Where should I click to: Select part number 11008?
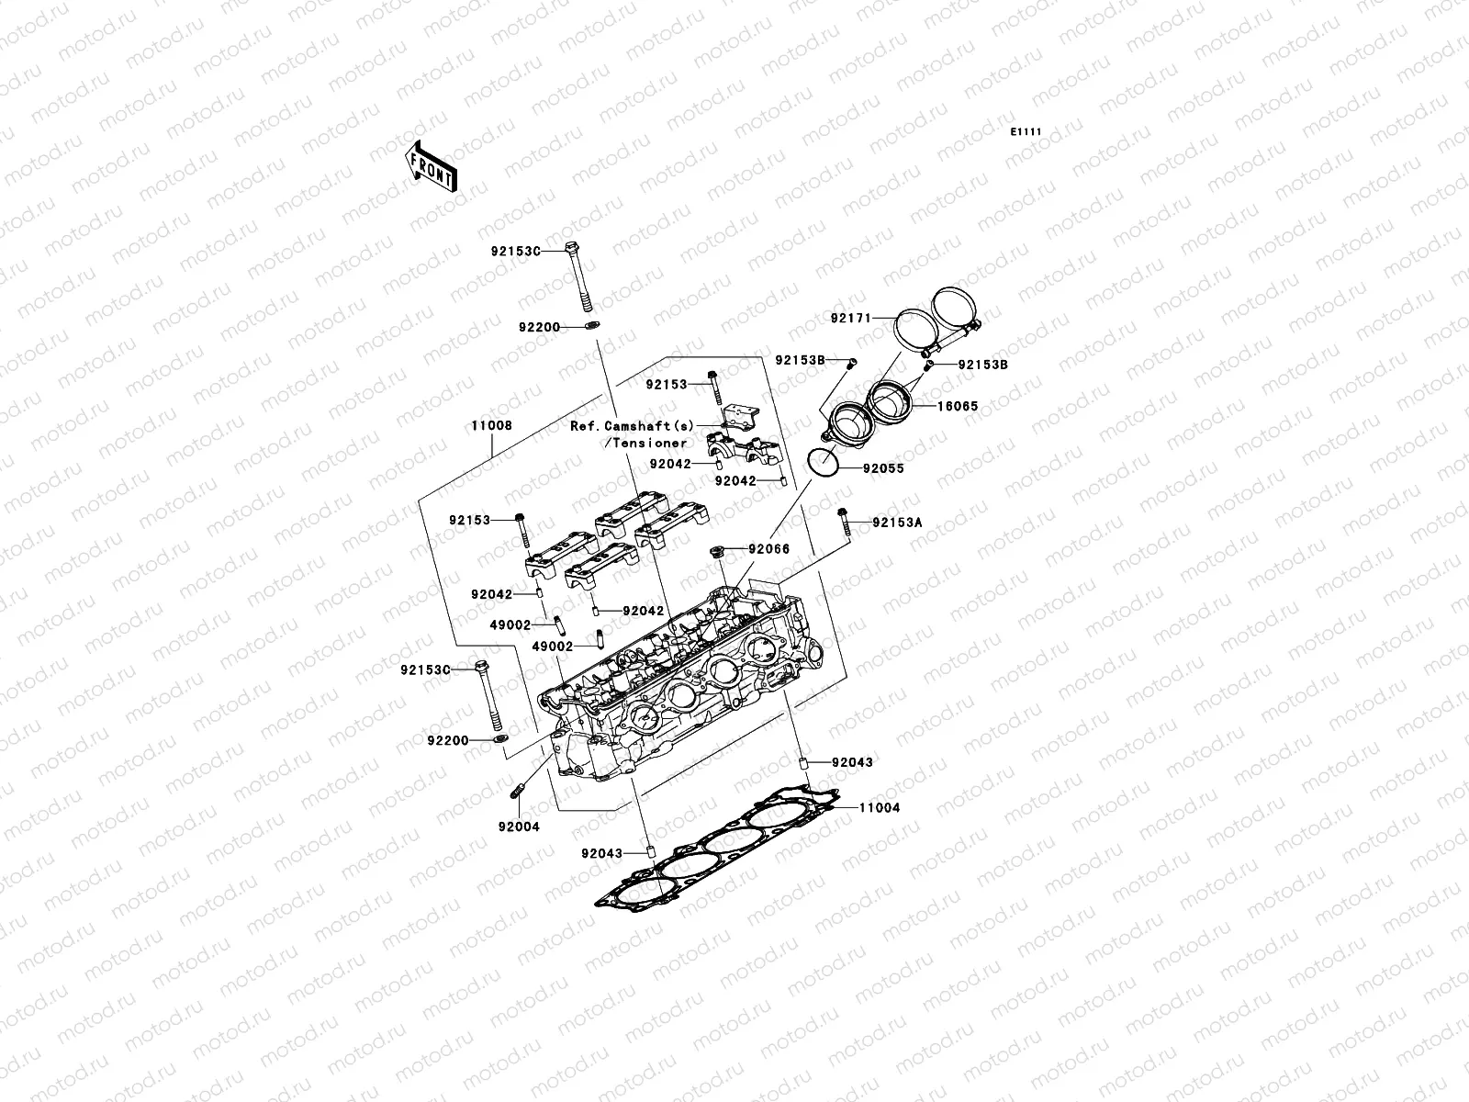pos(491,426)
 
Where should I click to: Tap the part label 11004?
pos(879,808)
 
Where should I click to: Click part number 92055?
pos(882,468)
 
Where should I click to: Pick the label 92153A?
pos(897,523)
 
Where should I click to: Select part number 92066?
pos(768,549)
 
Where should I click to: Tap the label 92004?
pos(519,826)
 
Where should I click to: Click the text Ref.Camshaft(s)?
pos(633,426)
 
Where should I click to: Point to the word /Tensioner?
pos(645,444)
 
